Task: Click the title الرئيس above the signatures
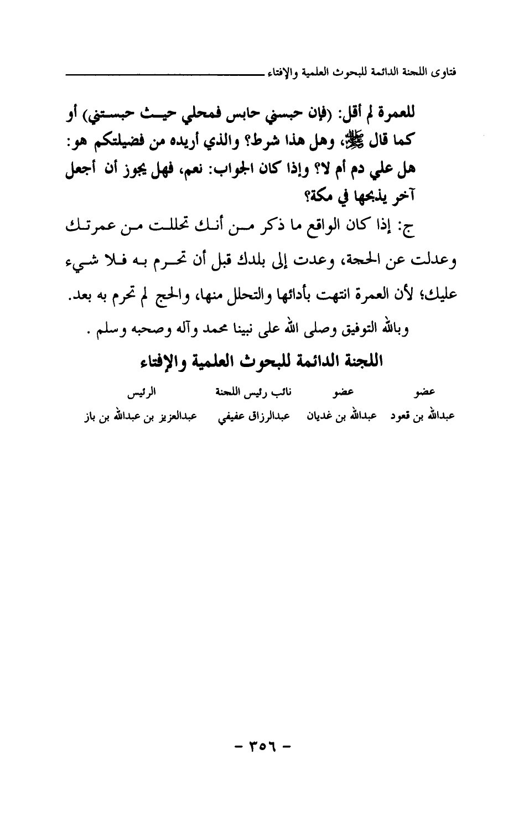tap(141, 393)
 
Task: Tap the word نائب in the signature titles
tap(281, 393)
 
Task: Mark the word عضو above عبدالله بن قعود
tap(425, 393)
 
